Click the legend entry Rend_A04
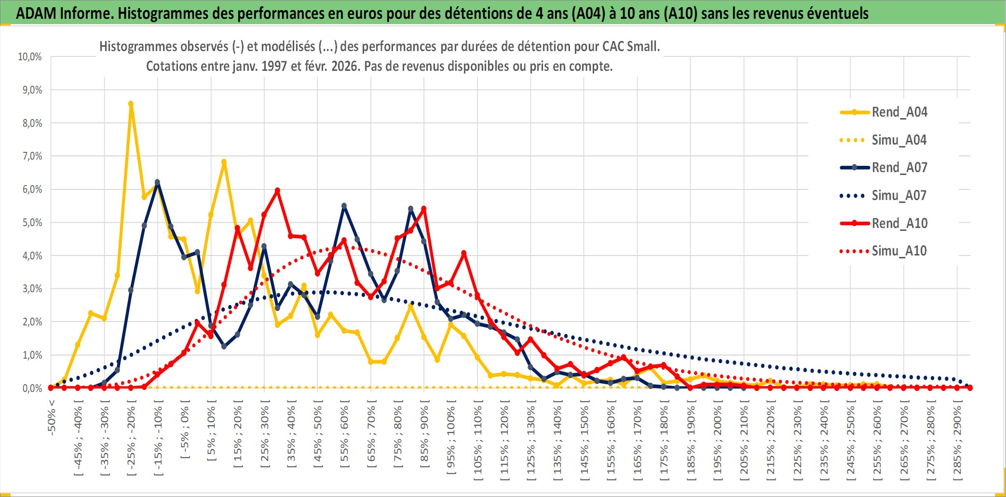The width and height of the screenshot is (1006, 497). point(899,112)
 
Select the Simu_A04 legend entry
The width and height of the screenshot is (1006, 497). point(899,140)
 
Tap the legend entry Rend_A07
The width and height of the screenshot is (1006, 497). point(899,168)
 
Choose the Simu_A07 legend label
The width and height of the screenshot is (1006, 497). point(899,196)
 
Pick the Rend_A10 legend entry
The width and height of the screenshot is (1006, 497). point(899,223)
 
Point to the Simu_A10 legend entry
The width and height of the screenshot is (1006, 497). point(899,251)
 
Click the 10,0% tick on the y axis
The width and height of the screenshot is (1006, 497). point(30,57)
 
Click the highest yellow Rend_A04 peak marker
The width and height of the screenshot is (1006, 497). point(131,104)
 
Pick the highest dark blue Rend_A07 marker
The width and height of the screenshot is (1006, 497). point(157,182)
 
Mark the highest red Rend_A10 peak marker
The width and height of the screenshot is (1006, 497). point(277,190)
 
